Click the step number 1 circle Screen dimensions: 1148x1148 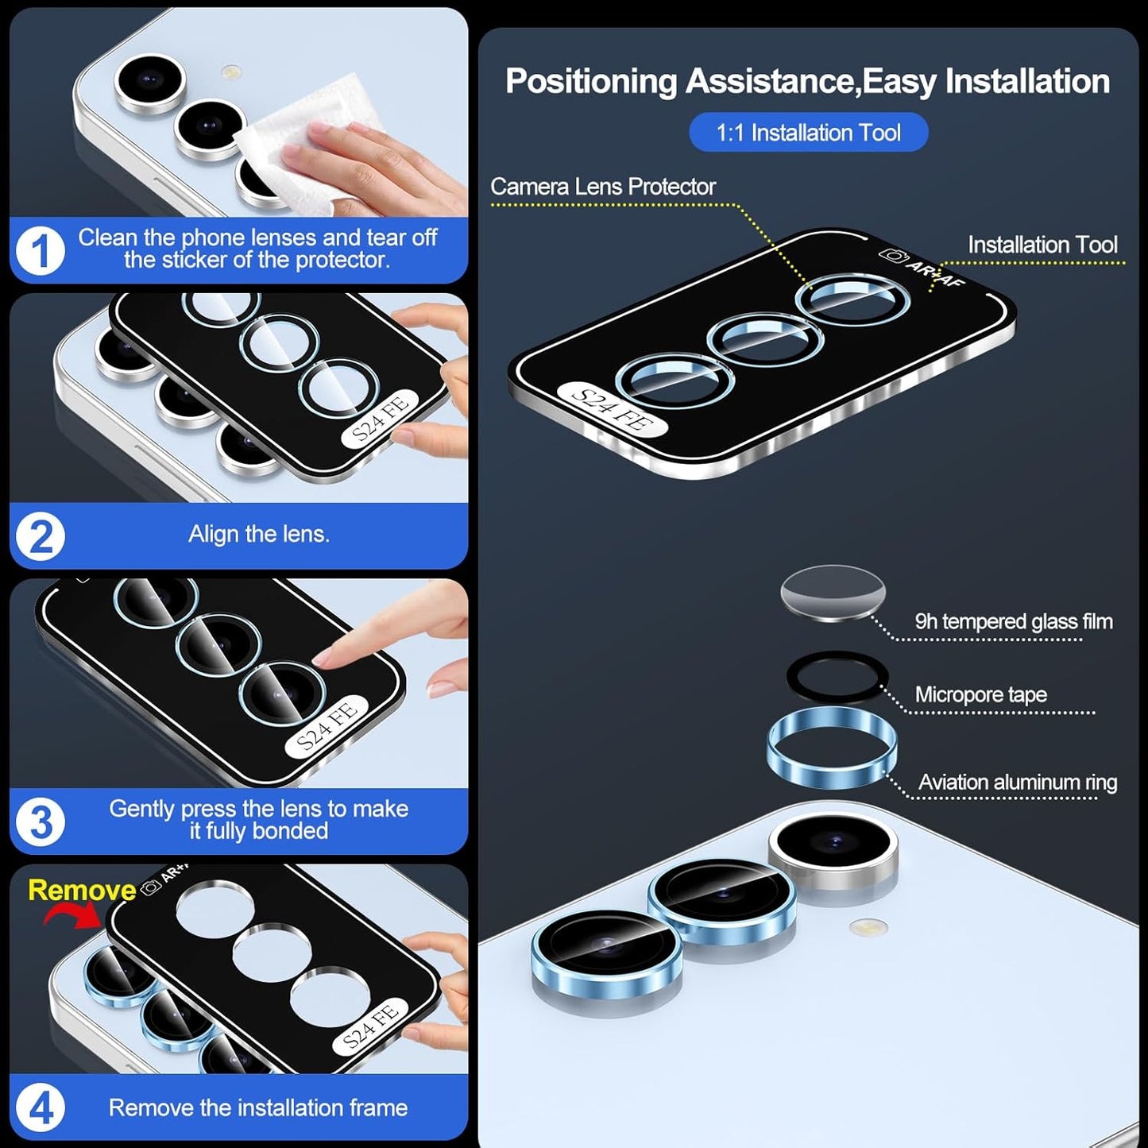[40, 251]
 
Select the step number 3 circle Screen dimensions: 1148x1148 [40, 821]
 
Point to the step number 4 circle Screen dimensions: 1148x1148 [40, 1107]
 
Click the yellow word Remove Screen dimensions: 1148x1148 [82, 890]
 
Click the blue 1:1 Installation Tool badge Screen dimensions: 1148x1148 [808, 132]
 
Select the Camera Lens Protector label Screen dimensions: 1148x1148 [602, 187]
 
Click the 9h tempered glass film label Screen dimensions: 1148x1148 [1013, 621]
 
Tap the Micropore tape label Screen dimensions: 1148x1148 [980, 694]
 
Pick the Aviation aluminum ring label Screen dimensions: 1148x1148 [1017, 782]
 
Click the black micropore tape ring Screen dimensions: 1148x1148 [836, 677]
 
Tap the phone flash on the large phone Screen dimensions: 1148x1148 [868, 926]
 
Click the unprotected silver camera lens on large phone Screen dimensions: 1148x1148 [833, 846]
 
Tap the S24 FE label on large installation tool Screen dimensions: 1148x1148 [612, 409]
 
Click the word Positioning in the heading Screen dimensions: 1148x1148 [590, 81]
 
